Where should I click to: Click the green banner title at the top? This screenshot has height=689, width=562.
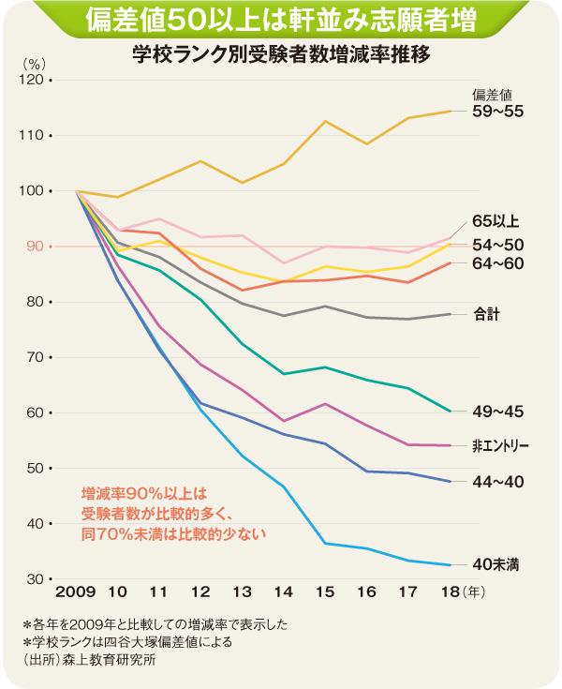pos(281,21)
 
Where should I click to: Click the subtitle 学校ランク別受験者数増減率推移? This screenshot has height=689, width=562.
pos(282,54)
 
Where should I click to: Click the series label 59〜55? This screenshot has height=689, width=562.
pos(497,112)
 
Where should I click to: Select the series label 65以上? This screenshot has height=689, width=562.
pos(496,222)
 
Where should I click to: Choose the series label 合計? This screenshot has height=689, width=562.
pos(486,314)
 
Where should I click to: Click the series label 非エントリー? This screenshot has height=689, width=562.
pos(502,445)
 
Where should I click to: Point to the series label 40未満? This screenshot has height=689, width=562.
pos(496,564)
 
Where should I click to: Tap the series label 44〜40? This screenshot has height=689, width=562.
pos(497,481)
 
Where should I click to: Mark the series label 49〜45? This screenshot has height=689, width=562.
pos(497,411)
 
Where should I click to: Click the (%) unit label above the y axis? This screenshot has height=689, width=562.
pos(34,64)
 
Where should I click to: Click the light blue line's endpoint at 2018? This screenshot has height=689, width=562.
pos(451,565)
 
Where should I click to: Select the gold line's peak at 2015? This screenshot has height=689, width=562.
pos(325,121)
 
